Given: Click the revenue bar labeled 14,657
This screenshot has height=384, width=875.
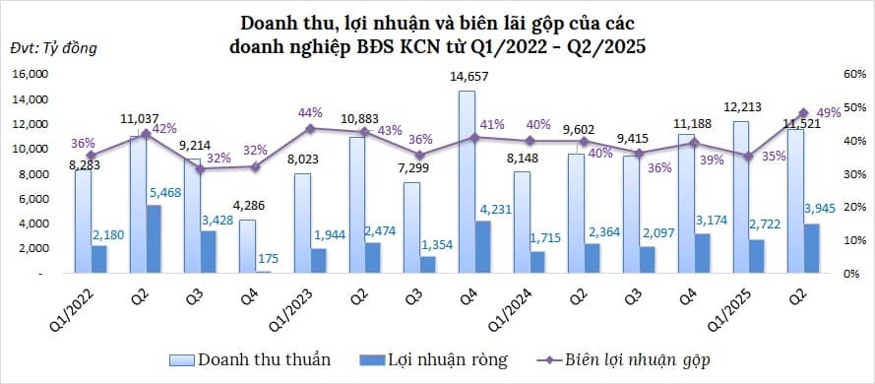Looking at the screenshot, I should pyautogui.click(x=466, y=182).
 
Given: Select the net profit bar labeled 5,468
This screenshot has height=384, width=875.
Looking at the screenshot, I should pyautogui.click(x=154, y=239).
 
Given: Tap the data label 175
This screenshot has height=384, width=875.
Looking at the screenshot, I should pyautogui.click(x=265, y=258).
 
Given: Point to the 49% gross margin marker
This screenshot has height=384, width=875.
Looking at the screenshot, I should pyautogui.click(x=801, y=113).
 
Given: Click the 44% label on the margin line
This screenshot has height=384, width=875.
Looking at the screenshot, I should pyautogui.click(x=310, y=112).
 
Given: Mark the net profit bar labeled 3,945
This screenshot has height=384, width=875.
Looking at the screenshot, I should pyautogui.click(x=813, y=248).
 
